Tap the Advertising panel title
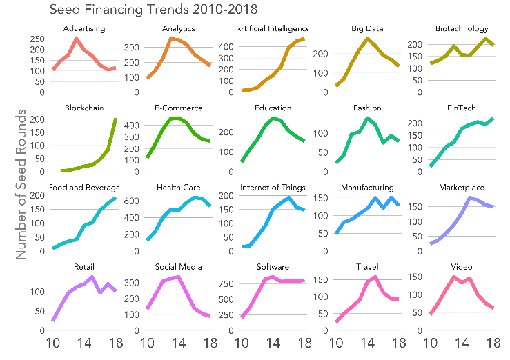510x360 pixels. click(84, 29)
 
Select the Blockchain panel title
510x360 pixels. click(84, 108)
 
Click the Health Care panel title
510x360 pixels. click(178, 188)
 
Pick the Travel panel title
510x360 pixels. click(366, 267)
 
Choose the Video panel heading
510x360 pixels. click(461, 267)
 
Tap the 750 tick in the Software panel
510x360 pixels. click(227, 283)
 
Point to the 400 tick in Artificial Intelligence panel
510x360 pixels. click(227, 47)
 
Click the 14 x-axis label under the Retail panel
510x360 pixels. click(84, 343)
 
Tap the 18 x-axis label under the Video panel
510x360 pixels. click(493, 343)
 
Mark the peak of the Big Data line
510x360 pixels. click(368, 39)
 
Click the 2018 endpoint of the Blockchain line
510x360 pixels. click(115, 119)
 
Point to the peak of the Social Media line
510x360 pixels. click(179, 277)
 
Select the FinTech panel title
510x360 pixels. click(461, 108)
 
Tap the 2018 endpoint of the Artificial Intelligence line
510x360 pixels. click(304, 39)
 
